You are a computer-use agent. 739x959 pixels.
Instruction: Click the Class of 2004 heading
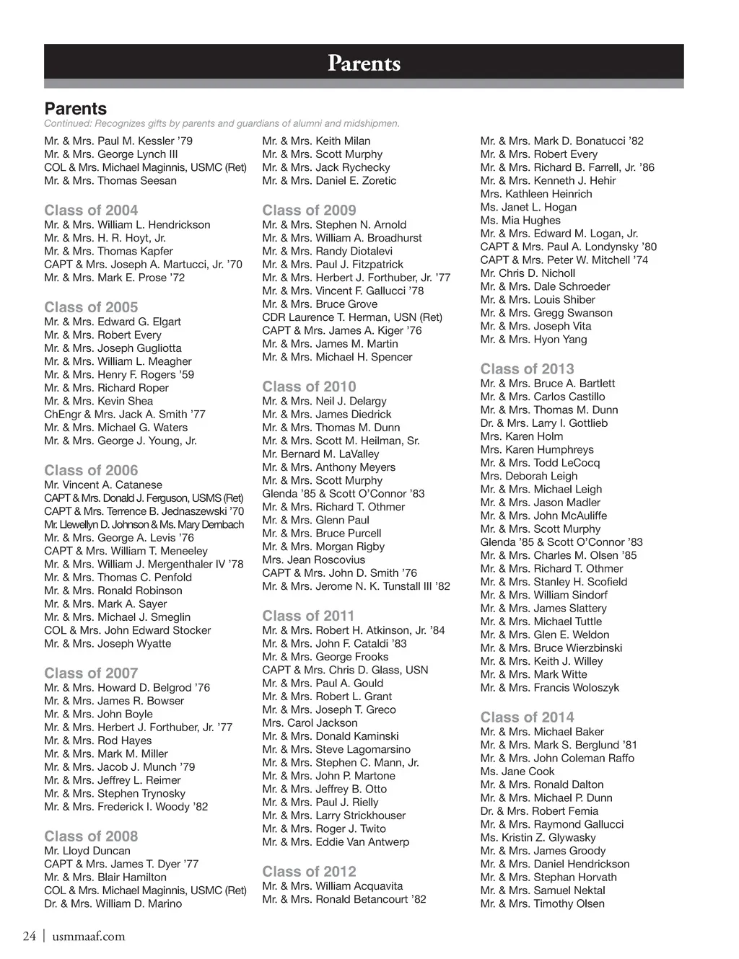click(91, 210)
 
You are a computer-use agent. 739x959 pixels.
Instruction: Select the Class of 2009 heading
click(309, 210)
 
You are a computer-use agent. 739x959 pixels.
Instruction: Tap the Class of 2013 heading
click(527, 368)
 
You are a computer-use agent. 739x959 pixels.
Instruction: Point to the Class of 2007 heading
click(91, 673)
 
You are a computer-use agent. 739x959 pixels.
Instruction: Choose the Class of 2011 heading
click(308, 616)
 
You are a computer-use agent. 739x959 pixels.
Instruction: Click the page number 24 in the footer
click(30, 936)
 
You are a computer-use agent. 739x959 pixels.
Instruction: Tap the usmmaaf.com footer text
click(88, 936)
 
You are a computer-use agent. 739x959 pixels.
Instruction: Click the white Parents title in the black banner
click(364, 63)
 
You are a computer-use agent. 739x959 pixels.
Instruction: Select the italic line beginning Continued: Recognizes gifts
click(222, 123)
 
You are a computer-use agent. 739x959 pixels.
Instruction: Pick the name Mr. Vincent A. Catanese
click(103, 485)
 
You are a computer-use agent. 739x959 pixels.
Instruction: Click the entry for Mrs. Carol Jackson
click(310, 722)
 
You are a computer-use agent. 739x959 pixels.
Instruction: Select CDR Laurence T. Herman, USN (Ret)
click(352, 317)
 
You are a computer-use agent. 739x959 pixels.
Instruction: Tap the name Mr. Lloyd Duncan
click(87, 851)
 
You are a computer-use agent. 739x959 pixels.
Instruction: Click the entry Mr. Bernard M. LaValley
click(320, 454)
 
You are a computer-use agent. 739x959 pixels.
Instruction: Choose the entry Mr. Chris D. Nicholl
click(528, 273)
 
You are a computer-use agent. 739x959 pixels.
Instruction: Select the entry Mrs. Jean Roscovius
click(314, 560)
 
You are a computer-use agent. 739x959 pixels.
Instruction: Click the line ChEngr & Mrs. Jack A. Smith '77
click(125, 414)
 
